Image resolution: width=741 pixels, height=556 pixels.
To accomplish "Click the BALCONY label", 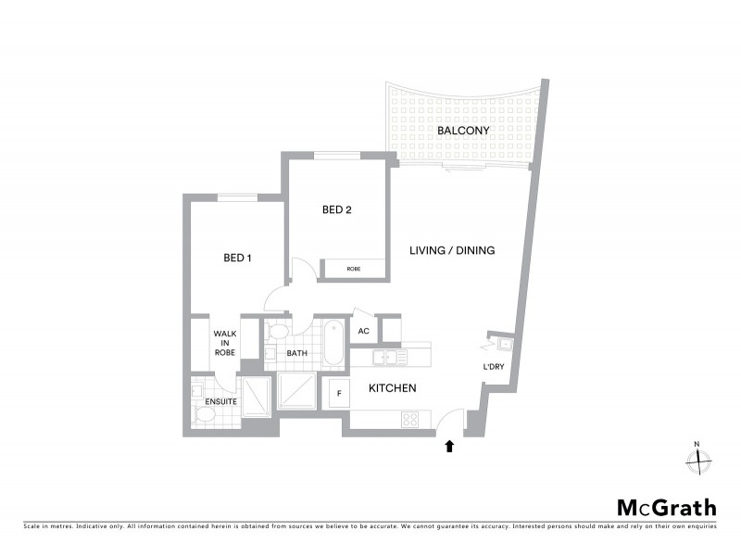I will pos(463,131).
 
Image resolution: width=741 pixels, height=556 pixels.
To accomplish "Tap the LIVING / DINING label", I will pos(453,250).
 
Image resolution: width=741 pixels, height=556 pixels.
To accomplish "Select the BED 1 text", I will pos(238,258).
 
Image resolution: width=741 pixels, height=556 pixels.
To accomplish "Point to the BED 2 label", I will pos(337,209).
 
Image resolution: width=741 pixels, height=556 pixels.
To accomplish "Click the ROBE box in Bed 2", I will pos(353,269).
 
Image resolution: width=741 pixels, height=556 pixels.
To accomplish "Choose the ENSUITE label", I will pos(222,402).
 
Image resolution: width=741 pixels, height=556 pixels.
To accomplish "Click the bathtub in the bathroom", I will pos(333,342).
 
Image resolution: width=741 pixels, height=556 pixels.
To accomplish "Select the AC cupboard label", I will pos(364,331).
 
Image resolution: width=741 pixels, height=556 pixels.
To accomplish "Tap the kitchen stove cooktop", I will pos(409,419).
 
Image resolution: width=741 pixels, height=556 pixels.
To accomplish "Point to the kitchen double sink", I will pos(390,357).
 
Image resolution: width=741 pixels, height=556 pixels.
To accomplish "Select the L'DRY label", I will pos(493,367).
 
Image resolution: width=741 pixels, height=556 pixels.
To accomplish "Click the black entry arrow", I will pos(449,446).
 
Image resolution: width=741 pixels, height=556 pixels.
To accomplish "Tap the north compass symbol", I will pos(699,459).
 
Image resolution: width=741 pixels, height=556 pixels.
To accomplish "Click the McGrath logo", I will pos(667,507).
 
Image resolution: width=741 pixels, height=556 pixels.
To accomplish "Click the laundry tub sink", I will pos(505,346).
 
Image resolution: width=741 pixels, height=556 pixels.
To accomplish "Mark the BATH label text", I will pos(296,353).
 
